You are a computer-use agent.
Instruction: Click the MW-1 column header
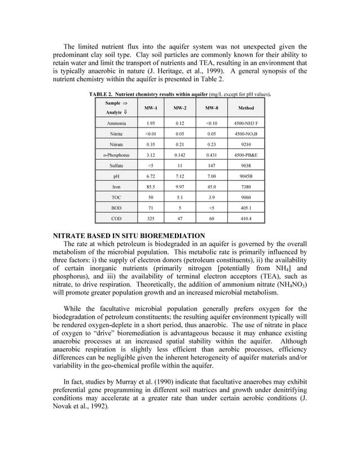(151, 108)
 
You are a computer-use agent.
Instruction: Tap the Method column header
(246, 108)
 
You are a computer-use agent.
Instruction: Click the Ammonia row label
(116, 123)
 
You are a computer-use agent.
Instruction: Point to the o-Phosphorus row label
(116, 155)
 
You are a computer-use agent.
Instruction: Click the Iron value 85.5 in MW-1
(151, 186)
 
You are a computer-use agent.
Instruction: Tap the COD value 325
(151, 218)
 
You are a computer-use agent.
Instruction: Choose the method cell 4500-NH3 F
(246, 123)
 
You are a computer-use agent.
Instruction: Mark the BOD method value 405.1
(246, 208)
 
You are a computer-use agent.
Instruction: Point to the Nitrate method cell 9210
(246, 144)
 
